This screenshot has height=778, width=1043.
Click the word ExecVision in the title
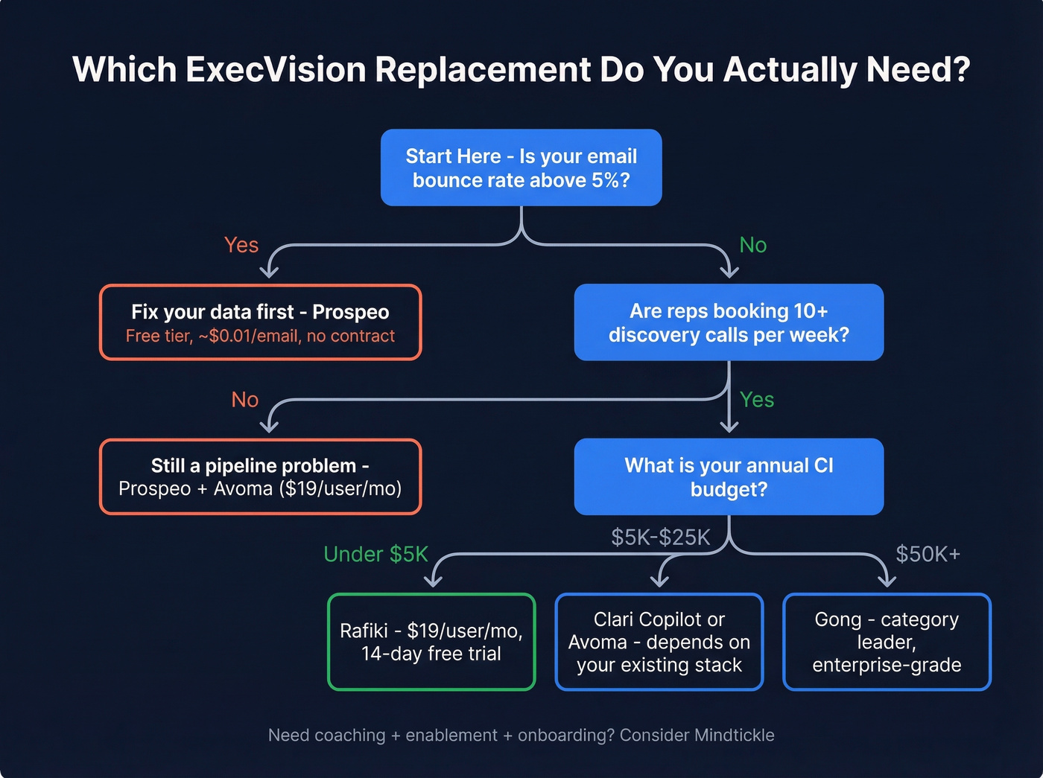tap(276, 70)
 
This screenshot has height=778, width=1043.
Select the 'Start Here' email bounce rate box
tap(521, 168)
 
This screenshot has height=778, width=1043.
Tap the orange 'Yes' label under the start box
tap(241, 245)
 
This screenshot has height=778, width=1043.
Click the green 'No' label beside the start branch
tap(752, 245)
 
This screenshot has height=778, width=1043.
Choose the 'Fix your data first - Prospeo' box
tap(260, 322)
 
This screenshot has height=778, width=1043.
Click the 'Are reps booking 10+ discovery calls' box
tap(728, 322)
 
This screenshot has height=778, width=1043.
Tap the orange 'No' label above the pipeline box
tap(244, 400)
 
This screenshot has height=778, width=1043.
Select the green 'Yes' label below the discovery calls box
tap(757, 400)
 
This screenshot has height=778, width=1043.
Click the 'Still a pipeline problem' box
tap(260, 476)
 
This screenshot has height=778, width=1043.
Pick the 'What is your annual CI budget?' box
tap(728, 476)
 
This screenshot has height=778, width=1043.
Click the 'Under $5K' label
tap(375, 554)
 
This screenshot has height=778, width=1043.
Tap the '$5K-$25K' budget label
tap(660, 538)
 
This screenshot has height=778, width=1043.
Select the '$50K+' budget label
tap(928, 554)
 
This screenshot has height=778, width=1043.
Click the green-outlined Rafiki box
tap(431, 642)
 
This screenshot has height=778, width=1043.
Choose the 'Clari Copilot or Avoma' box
tap(659, 642)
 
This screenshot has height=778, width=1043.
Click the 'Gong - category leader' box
tap(887, 642)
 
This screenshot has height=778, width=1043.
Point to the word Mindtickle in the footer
tap(734, 736)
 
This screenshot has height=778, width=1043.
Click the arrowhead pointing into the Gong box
tap(886, 581)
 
